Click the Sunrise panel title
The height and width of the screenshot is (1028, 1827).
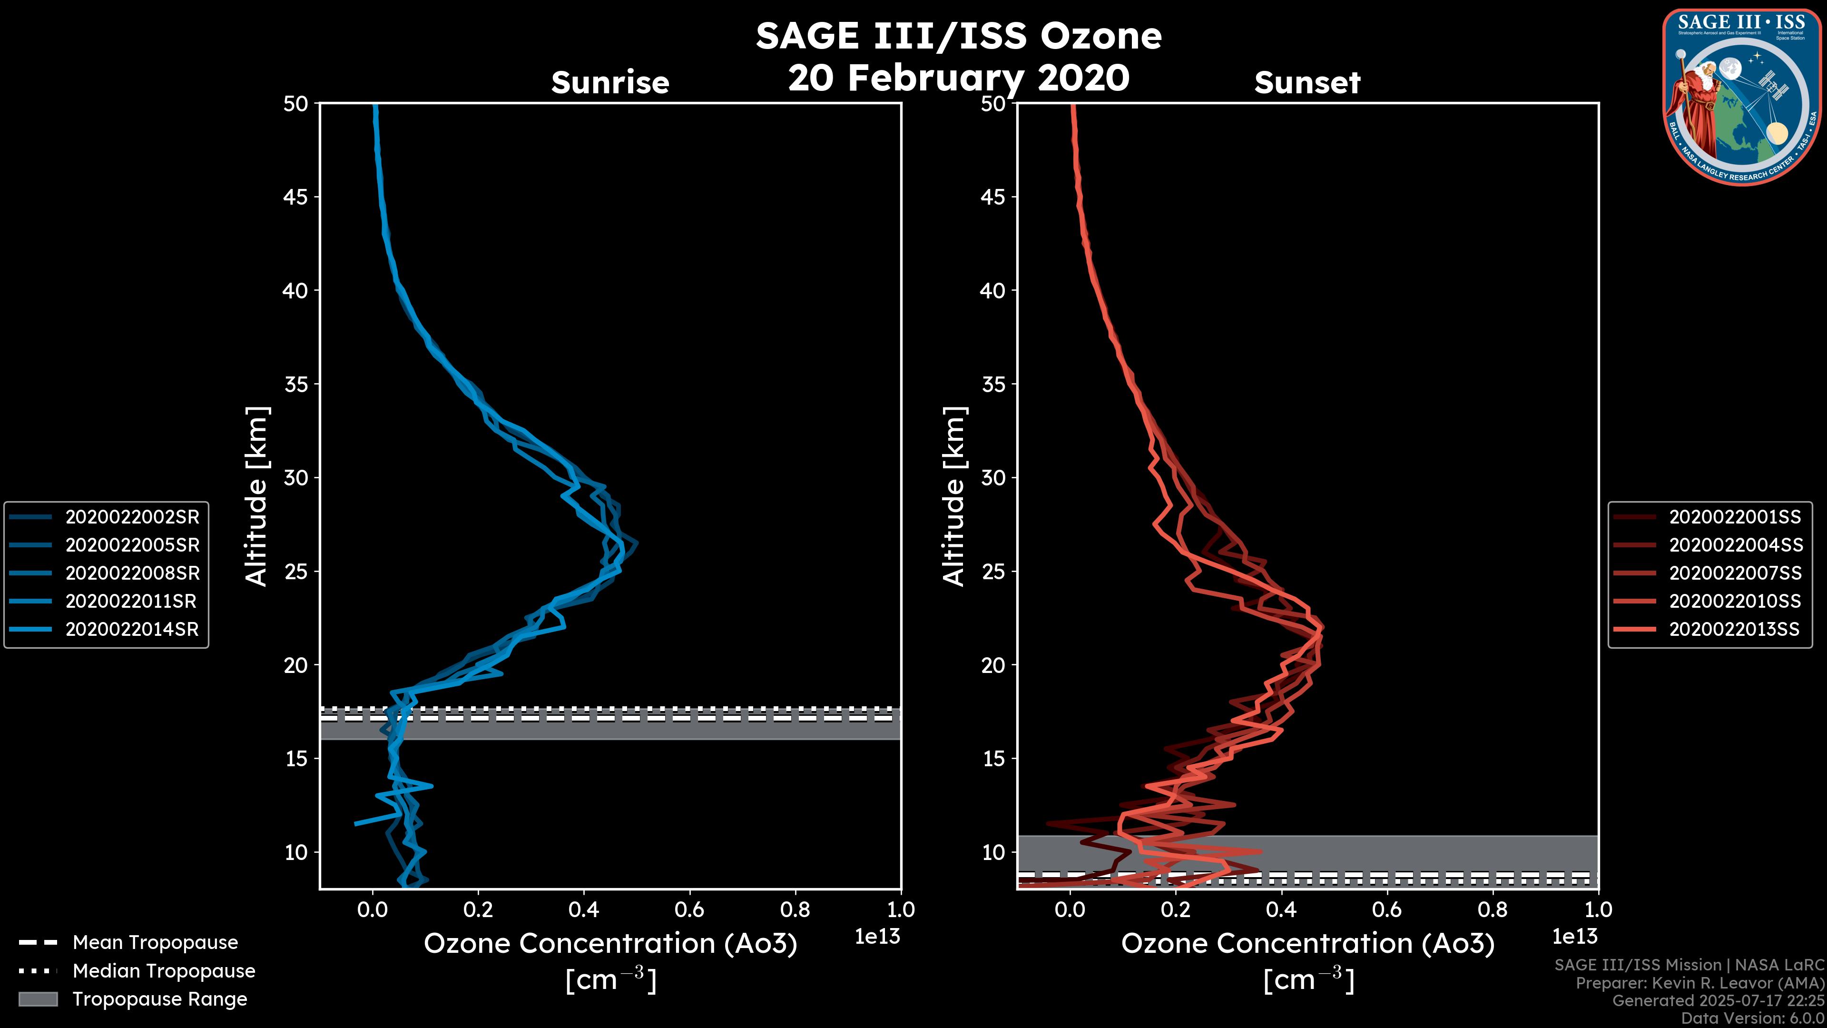tap(610, 82)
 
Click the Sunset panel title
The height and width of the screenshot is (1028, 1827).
tap(1307, 82)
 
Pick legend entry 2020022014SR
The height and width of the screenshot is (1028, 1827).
tap(132, 629)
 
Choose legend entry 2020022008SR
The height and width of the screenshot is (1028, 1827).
tap(132, 573)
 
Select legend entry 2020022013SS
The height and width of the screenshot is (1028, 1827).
tap(1734, 629)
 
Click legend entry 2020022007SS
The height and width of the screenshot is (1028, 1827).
tap(1734, 573)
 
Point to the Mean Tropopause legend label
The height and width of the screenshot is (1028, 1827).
tap(155, 942)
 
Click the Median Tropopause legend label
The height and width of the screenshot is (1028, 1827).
tap(164, 970)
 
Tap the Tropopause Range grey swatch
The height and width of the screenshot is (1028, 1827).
tap(38, 999)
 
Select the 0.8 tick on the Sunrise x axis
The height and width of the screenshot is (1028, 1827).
tap(795, 909)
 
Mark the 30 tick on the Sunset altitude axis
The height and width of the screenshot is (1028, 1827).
tap(993, 477)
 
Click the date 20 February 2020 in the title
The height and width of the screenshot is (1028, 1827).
tap(958, 77)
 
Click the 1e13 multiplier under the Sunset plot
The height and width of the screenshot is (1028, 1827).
tap(1574, 937)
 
